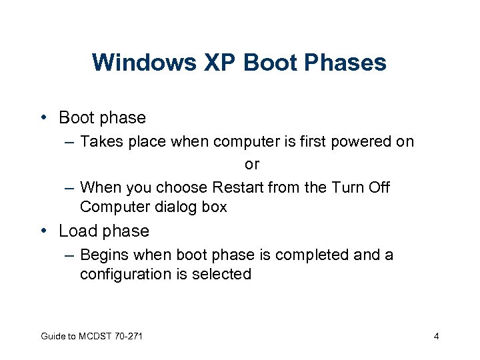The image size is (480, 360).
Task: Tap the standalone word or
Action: pos(252,164)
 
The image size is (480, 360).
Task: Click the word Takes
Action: pos(101,142)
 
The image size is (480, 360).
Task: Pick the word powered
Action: pos(365,142)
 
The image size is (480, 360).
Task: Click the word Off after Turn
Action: pos(378,187)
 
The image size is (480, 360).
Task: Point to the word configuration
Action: pos(121,274)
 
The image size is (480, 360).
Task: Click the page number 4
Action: pos(436,336)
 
